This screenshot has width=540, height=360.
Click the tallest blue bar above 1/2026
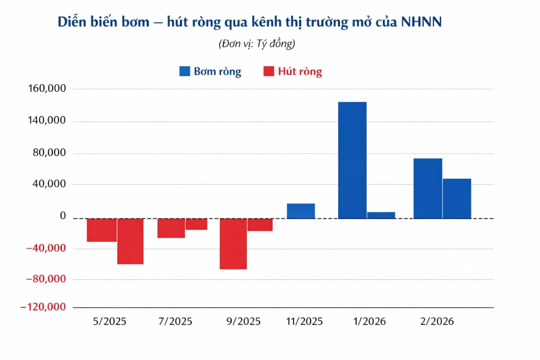click(x=352, y=160)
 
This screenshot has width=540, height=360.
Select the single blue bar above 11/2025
click(x=301, y=211)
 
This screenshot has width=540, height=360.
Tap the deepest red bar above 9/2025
click(x=233, y=244)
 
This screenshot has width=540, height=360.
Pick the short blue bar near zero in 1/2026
click(x=381, y=215)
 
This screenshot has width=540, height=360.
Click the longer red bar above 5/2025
click(x=130, y=241)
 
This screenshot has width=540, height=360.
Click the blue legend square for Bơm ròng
click(x=185, y=71)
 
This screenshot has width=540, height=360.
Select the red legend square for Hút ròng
click(x=269, y=71)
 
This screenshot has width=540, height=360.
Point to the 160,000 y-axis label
click(x=47, y=88)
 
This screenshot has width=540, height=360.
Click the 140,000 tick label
click(x=47, y=120)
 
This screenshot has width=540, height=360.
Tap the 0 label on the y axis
click(x=63, y=216)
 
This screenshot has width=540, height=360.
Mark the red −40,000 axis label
click(x=46, y=248)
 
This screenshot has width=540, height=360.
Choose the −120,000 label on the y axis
click(x=43, y=307)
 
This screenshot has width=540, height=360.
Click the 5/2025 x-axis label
click(x=109, y=321)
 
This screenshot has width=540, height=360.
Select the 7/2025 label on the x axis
click(x=175, y=321)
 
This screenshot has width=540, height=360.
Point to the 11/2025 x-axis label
click(x=304, y=321)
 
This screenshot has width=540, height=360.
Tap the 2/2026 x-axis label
click(x=437, y=321)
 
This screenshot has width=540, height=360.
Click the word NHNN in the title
click(x=421, y=22)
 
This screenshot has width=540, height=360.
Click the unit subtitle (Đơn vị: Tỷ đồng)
click(x=257, y=44)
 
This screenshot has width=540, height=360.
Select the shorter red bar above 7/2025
click(x=197, y=224)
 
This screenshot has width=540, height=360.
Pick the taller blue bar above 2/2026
click(x=428, y=188)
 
